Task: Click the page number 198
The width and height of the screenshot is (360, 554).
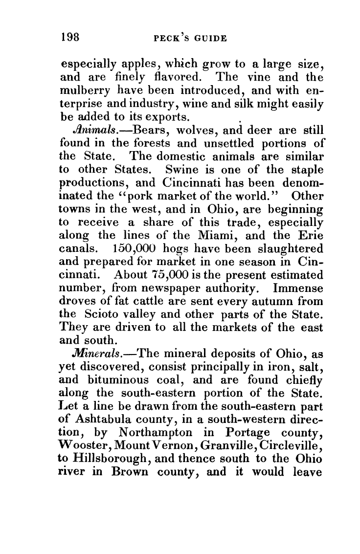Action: [x=70, y=37]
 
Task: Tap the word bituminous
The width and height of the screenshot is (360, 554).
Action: [x=118, y=373]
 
